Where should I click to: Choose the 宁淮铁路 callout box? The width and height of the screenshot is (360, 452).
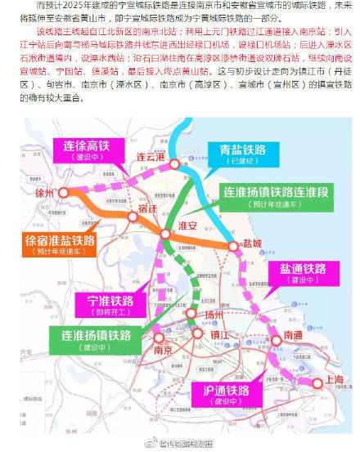pos(104,305)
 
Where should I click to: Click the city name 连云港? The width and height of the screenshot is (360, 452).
pos(153,157)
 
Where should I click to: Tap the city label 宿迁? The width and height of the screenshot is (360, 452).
pos(149,209)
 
